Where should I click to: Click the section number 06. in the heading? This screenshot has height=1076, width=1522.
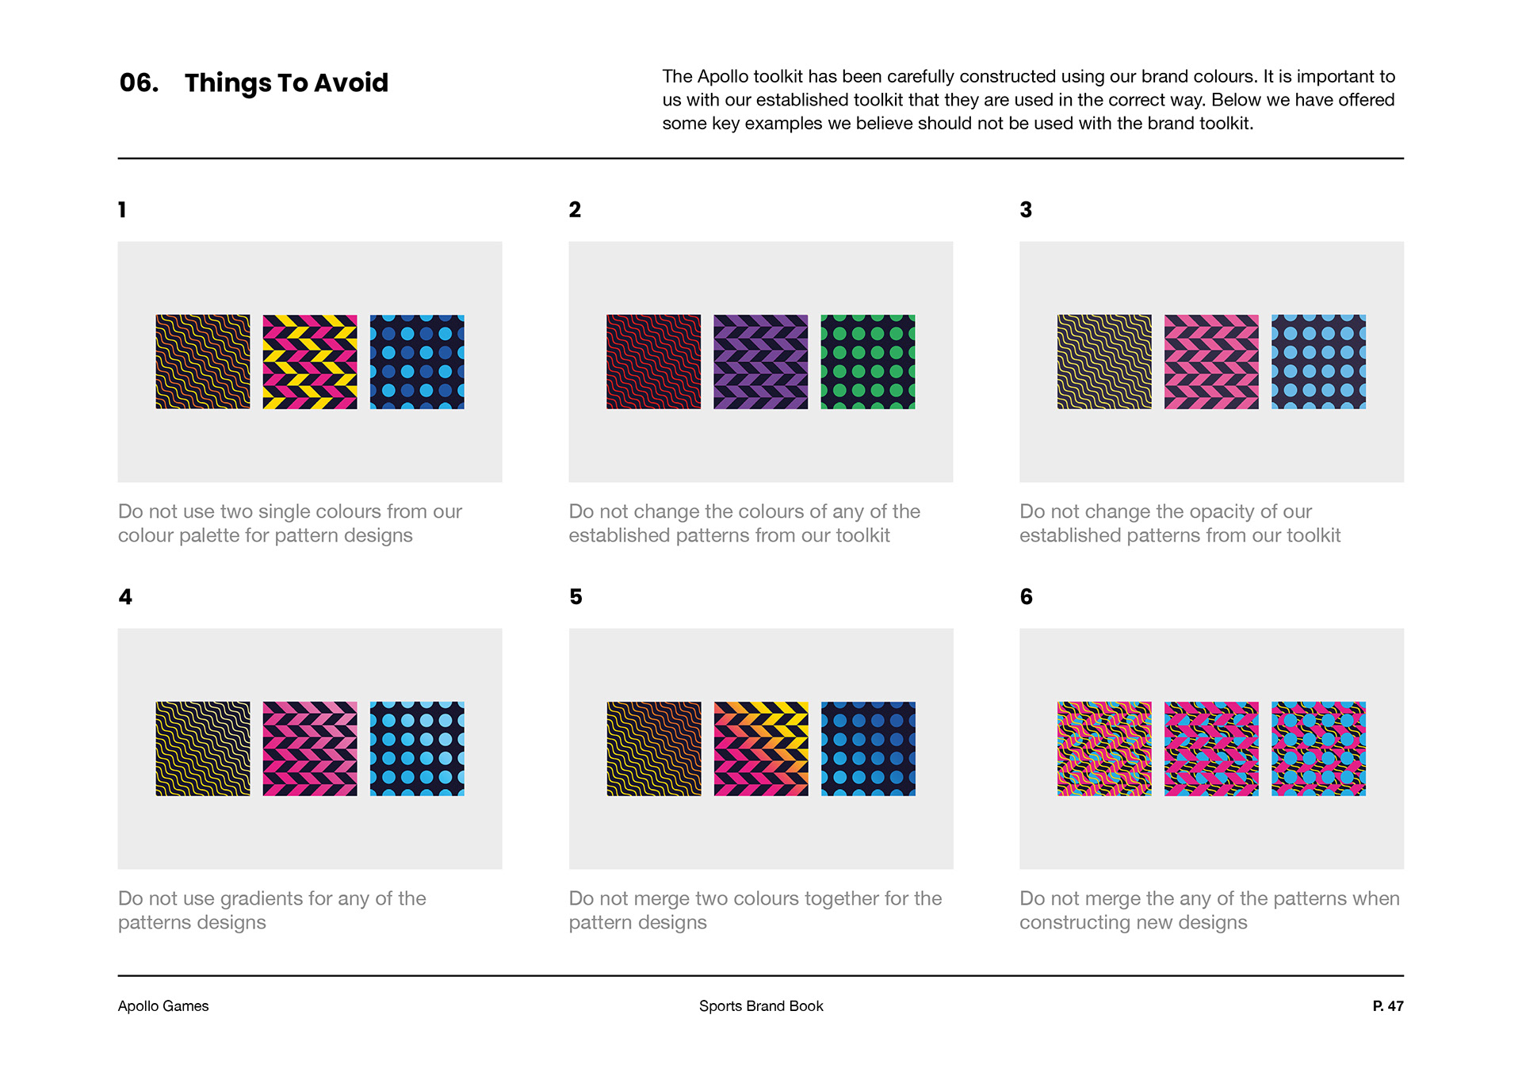point(139,82)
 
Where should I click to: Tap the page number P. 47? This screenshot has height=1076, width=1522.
point(1387,1005)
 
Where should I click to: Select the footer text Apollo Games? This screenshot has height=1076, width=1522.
point(163,1005)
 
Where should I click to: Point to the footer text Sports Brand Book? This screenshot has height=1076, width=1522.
point(761,1005)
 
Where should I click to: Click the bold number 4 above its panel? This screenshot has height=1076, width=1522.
point(125,596)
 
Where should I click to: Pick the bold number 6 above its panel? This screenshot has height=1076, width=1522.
point(1027,596)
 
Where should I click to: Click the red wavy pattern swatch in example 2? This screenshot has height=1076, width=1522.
point(653,362)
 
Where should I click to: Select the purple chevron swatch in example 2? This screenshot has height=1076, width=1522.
point(760,362)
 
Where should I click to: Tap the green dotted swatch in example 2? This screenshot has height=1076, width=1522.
point(868,362)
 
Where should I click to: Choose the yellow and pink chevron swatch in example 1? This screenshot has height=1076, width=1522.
point(310,362)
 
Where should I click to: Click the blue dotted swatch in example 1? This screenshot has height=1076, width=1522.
point(417,362)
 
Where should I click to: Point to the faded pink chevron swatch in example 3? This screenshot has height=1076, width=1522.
point(1211,362)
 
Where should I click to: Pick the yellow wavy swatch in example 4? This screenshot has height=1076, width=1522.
point(203,749)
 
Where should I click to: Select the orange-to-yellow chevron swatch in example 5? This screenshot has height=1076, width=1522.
point(761,749)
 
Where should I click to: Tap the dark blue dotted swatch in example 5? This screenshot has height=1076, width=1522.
point(868,749)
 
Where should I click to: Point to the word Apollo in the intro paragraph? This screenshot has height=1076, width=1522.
point(722,77)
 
